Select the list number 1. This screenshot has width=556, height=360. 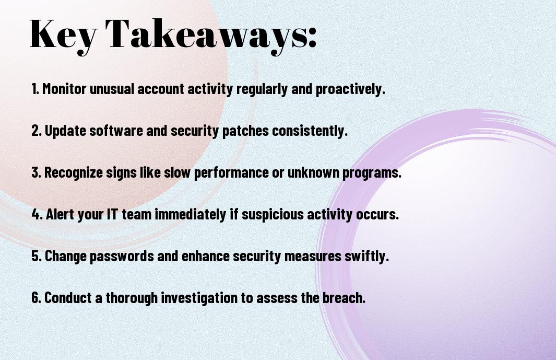pyautogui.click(x=35, y=89)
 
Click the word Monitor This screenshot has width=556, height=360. pyautogui.click(x=64, y=89)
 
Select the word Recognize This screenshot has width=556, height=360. pyautogui.click(x=74, y=173)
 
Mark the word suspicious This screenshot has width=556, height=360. pyautogui.click(x=273, y=215)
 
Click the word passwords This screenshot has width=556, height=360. pyautogui.click(x=122, y=257)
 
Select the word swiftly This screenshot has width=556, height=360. pyautogui.click(x=366, y=257)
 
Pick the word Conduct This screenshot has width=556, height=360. pyautogui.click(x=68, y=297)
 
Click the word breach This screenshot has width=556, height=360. pyautogui.click(x=344, y=297)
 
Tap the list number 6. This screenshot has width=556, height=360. pyautogui.click(x=36, y=297)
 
